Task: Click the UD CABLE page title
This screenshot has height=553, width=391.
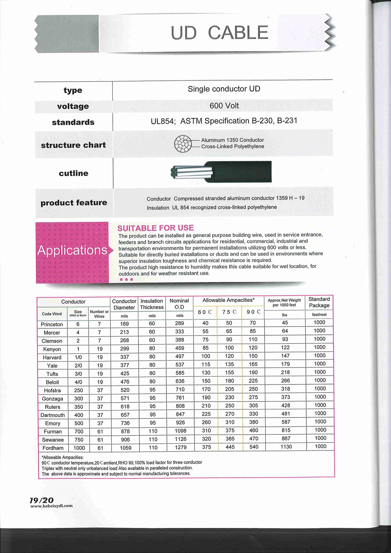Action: [219, 33]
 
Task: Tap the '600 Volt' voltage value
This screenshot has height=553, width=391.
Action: [224, 106]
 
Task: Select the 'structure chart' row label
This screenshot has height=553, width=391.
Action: [73, 145]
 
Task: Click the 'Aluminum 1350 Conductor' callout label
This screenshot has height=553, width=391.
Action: [232, 140]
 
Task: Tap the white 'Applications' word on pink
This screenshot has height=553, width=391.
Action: [72, 250]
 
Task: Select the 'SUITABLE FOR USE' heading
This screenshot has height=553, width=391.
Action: [155, 228]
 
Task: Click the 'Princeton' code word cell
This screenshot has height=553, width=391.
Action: [52, 324]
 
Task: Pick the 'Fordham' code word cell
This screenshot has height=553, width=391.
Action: [53, 448]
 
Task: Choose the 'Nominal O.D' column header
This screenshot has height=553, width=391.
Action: [179, 304]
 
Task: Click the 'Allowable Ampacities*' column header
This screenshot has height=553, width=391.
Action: [228, 300]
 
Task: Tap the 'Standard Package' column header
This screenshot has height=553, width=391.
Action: [319, 302]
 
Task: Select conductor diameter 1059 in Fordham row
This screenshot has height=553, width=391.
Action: [125, 448]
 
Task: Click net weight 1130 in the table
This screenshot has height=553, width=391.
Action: [286, 447]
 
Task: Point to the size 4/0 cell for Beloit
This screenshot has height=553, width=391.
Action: [78, 382]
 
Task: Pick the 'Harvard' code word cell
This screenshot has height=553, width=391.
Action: [52, 357]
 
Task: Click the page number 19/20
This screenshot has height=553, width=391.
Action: [41, 500]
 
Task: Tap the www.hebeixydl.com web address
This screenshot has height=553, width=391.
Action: [51, 506]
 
